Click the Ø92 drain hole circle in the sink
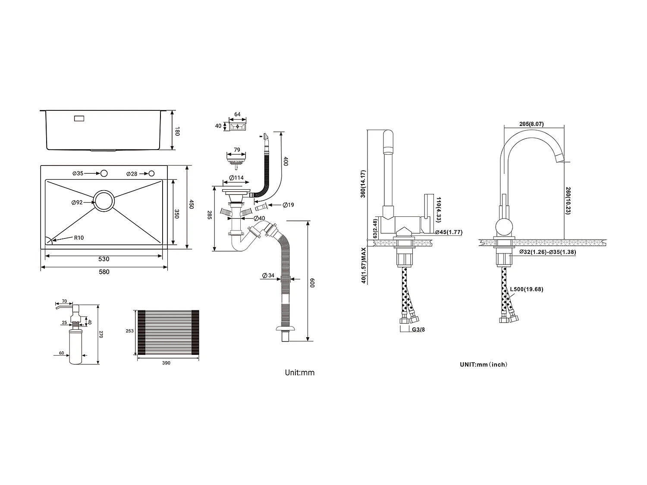104,201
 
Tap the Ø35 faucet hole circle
104,173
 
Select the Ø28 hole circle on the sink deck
151,173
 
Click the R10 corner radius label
79,238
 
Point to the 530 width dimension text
104,259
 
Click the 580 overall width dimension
104,272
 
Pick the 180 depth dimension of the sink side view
176,131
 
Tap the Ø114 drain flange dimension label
236,178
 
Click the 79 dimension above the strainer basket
237,150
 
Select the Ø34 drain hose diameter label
268,275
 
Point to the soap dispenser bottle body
75,347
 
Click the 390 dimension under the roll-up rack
166,363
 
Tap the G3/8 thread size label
419,330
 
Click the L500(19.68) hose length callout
527,289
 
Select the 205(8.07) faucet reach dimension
531,124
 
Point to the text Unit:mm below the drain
300,372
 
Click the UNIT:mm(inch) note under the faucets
484,364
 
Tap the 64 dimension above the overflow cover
237,115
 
